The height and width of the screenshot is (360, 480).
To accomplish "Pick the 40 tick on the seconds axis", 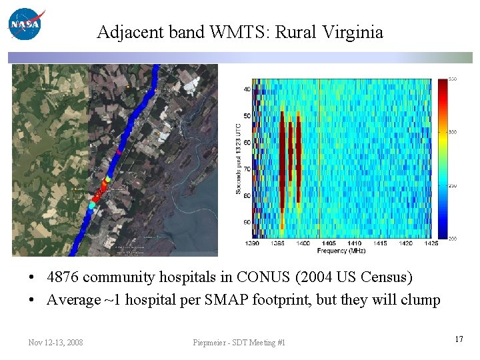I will coord(247,89).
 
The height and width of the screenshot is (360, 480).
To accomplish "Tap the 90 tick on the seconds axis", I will coord(247,222).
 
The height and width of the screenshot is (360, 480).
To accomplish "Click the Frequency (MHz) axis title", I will coord(341,251).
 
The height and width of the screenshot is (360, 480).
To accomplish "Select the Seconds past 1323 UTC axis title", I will coord(238,158).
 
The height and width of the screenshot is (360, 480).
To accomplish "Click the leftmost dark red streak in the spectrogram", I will coord(282,160).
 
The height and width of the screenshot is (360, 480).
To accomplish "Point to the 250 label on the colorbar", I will coord(453,185).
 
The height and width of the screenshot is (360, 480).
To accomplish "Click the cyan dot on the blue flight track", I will coord(92,206).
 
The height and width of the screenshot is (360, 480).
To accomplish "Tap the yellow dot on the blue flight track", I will coord(107,179).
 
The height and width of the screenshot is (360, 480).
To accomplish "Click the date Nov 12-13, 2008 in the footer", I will coord(55,343).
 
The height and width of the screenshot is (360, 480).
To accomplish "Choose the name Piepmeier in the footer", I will coord(210,343).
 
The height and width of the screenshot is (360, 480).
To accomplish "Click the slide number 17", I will coord(459,340).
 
